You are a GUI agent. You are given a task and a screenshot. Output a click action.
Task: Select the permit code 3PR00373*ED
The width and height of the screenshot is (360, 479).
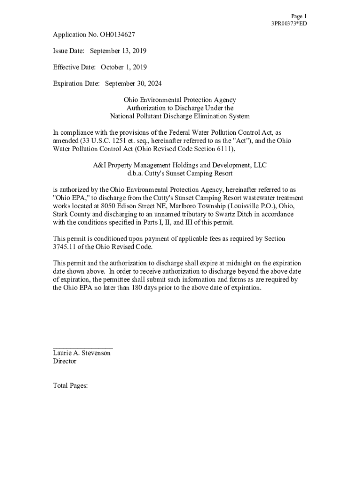[289, 23]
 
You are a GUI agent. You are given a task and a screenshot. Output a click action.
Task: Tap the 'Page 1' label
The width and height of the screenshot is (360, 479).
[299, 16]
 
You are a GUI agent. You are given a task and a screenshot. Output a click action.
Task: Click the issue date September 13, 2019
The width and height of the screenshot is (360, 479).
[118, 51]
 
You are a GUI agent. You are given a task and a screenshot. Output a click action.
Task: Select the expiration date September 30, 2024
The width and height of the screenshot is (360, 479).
[133, 84]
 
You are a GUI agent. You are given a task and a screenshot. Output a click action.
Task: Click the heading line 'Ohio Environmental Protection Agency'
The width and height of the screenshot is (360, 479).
[180, 100]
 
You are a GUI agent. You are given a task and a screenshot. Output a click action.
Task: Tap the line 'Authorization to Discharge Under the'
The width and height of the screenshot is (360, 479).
[180, 108]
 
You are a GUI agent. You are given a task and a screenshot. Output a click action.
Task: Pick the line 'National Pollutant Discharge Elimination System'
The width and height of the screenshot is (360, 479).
[180, 116]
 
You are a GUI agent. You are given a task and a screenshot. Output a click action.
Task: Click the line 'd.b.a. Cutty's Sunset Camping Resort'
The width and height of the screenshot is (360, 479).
[180, 174]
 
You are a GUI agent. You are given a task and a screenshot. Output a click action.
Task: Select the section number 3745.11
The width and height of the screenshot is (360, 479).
[65, 247]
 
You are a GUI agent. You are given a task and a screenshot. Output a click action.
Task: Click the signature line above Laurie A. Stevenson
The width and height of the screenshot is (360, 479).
[83, 348]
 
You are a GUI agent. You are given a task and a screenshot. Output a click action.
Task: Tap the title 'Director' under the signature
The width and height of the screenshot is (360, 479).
[65, 361]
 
